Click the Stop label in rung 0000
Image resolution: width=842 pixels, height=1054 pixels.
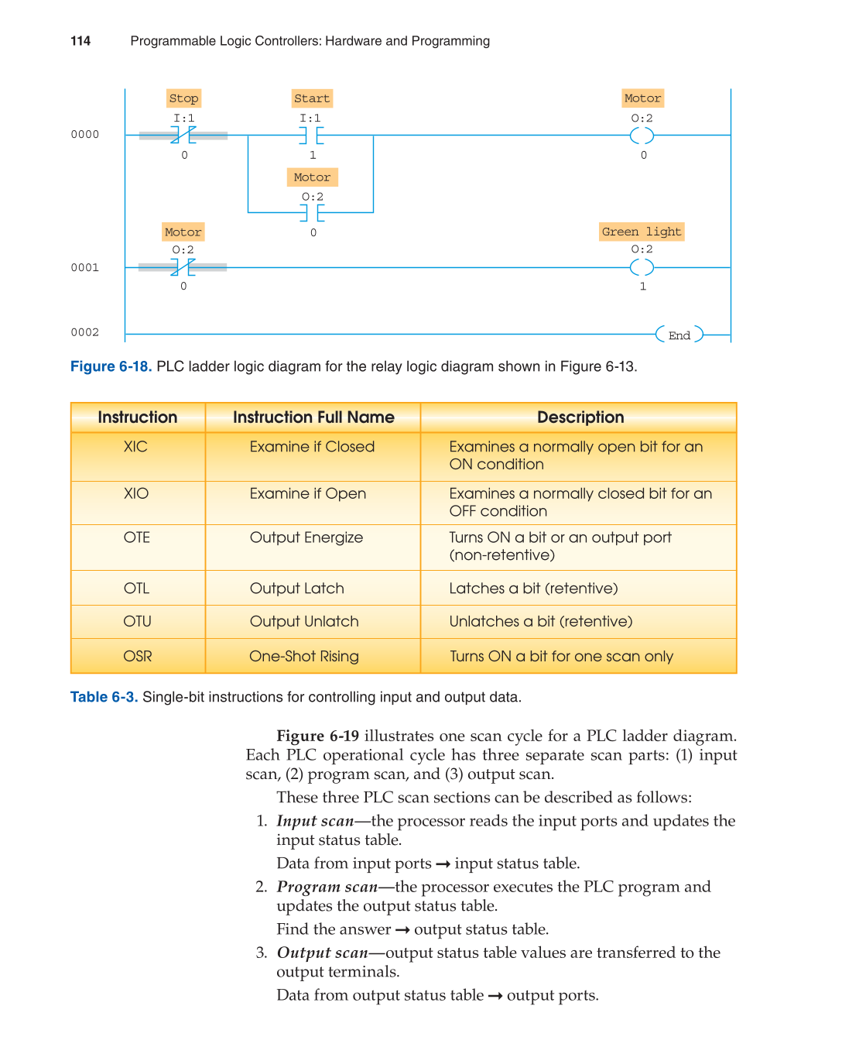(x=184, y=98)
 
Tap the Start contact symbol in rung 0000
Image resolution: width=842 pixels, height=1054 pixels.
(x=312, y=136)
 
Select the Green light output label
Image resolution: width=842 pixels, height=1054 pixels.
(x=642, y=232)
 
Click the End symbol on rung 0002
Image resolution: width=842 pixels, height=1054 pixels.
(x=679, y=335)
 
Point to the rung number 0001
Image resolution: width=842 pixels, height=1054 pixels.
(x=85, y=268)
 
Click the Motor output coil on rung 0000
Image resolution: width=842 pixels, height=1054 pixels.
(x=642, y=136)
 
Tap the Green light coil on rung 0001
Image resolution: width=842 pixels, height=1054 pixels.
(x=642, y=268)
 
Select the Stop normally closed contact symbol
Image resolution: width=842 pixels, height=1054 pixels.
(x=183, y=136)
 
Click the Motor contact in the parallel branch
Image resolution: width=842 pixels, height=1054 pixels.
(x=312, y=211)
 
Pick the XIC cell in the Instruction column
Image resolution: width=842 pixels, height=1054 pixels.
(x=135, y=447)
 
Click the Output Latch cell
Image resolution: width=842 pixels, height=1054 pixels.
(x=296, y=589)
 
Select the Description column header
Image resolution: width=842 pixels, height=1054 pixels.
(x=580, y=417)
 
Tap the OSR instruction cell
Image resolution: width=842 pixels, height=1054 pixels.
(x=137, y=657)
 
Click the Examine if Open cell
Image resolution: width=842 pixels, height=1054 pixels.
(x=307, y=494)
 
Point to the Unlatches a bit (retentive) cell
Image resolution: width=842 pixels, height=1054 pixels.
(x=540, y=622)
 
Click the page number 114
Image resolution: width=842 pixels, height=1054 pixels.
(x=80, y=41)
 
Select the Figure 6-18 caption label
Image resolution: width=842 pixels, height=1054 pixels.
(x=111, y=366)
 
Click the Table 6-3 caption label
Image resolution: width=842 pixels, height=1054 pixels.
(x=104, y=697)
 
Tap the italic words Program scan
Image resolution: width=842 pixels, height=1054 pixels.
(x=327, y=887)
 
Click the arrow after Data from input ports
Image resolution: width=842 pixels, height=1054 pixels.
(x=443, y=864)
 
